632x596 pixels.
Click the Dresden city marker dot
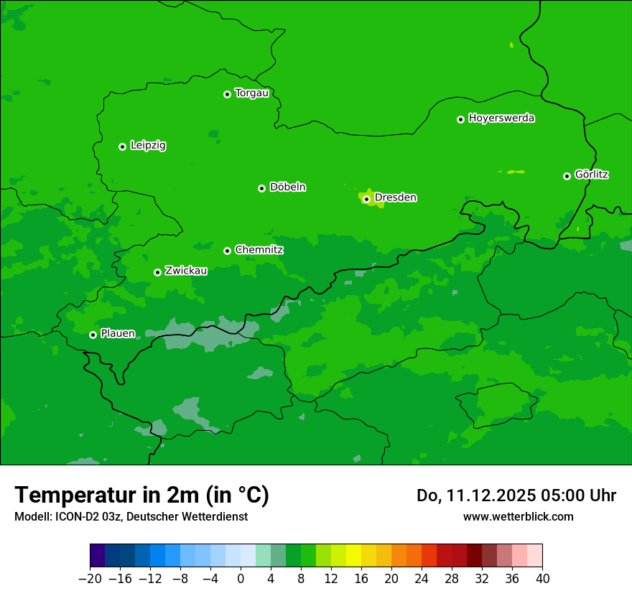click(366, 199)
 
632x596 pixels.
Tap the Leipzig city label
click(148, 145)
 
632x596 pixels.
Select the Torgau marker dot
click(227, 94)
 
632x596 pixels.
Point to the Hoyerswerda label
click(501, 118)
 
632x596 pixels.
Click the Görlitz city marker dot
click(567, 176)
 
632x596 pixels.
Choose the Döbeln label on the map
click(287, 187)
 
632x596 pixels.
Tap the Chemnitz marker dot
click(227, 251)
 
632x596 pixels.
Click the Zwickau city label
click(186, 271)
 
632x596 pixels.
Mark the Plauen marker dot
click(93, 335)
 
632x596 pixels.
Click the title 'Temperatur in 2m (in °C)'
click(141, 495)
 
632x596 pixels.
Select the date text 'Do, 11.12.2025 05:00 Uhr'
click(516, 495)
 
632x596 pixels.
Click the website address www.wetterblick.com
click(518, 516)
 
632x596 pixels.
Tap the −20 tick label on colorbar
click(90, 579)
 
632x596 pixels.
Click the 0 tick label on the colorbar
click(241, 579)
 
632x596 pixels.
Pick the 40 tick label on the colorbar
click(542, 579)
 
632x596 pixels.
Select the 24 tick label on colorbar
click(422, 579)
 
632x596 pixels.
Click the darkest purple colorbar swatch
click(97, 556)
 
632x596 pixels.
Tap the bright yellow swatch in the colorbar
click(353, 556)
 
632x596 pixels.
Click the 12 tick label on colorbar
click(331, 579)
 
